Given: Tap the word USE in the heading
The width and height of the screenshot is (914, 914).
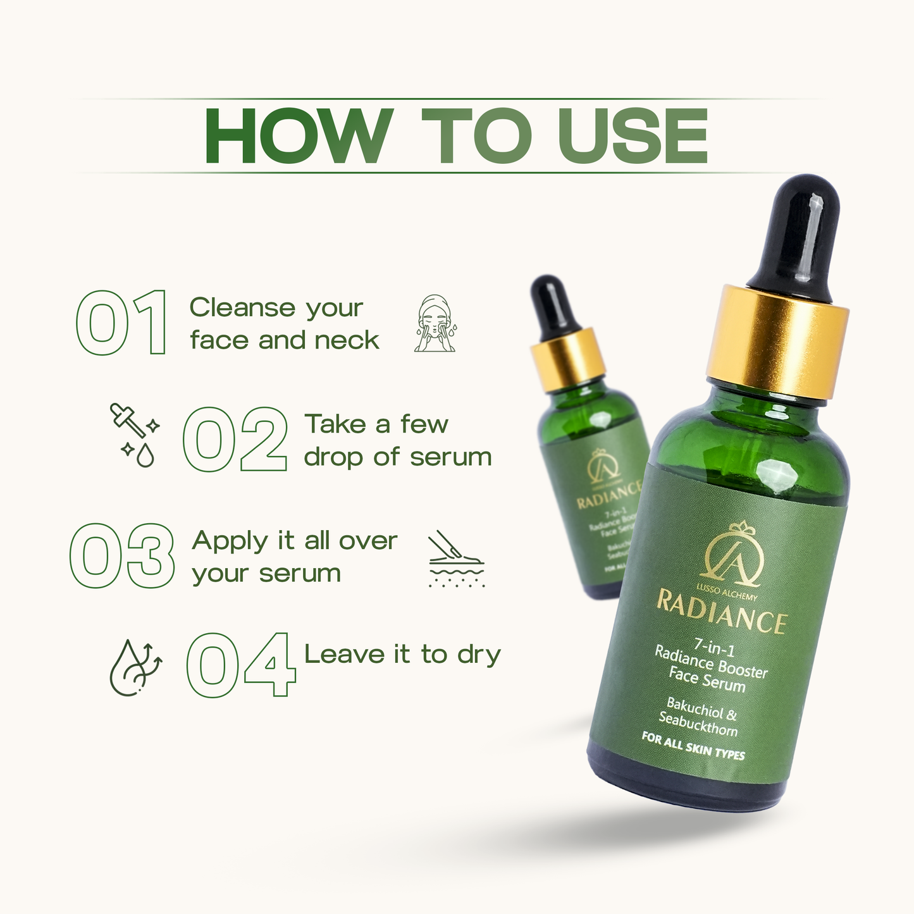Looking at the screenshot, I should click(632, 136).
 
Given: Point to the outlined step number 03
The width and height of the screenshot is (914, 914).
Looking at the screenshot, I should click(122, 556).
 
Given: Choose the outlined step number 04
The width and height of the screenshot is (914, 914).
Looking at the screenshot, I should click(241, 664).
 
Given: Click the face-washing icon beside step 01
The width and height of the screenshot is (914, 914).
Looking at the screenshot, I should click(435, 323).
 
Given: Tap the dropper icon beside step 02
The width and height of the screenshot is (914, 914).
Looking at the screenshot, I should click(134, 435).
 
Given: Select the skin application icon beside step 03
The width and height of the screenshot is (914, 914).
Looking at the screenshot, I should click(455, 559).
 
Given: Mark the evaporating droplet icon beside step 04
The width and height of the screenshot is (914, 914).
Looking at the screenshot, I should click(134, 668).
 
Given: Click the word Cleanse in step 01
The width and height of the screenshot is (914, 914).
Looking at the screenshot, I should click(241, 308).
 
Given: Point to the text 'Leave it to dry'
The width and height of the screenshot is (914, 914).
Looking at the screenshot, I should click(402, 655).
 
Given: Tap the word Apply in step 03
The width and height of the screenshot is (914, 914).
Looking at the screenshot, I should click(230, 542).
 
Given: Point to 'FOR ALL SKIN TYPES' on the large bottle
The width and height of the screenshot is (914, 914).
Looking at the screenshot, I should click(693, 746).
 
